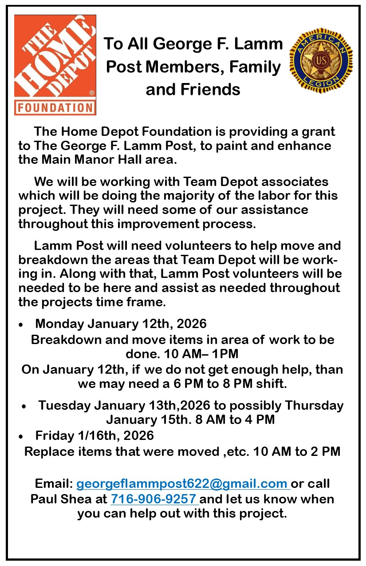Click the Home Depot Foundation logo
[x=55, y=65]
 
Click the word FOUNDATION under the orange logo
[x=55, y=107]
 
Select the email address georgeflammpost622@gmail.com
[x=182, y=483]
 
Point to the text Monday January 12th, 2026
[x=121, y=324]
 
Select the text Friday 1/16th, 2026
[x=94, y=435]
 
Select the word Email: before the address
[x=54, y=483]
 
